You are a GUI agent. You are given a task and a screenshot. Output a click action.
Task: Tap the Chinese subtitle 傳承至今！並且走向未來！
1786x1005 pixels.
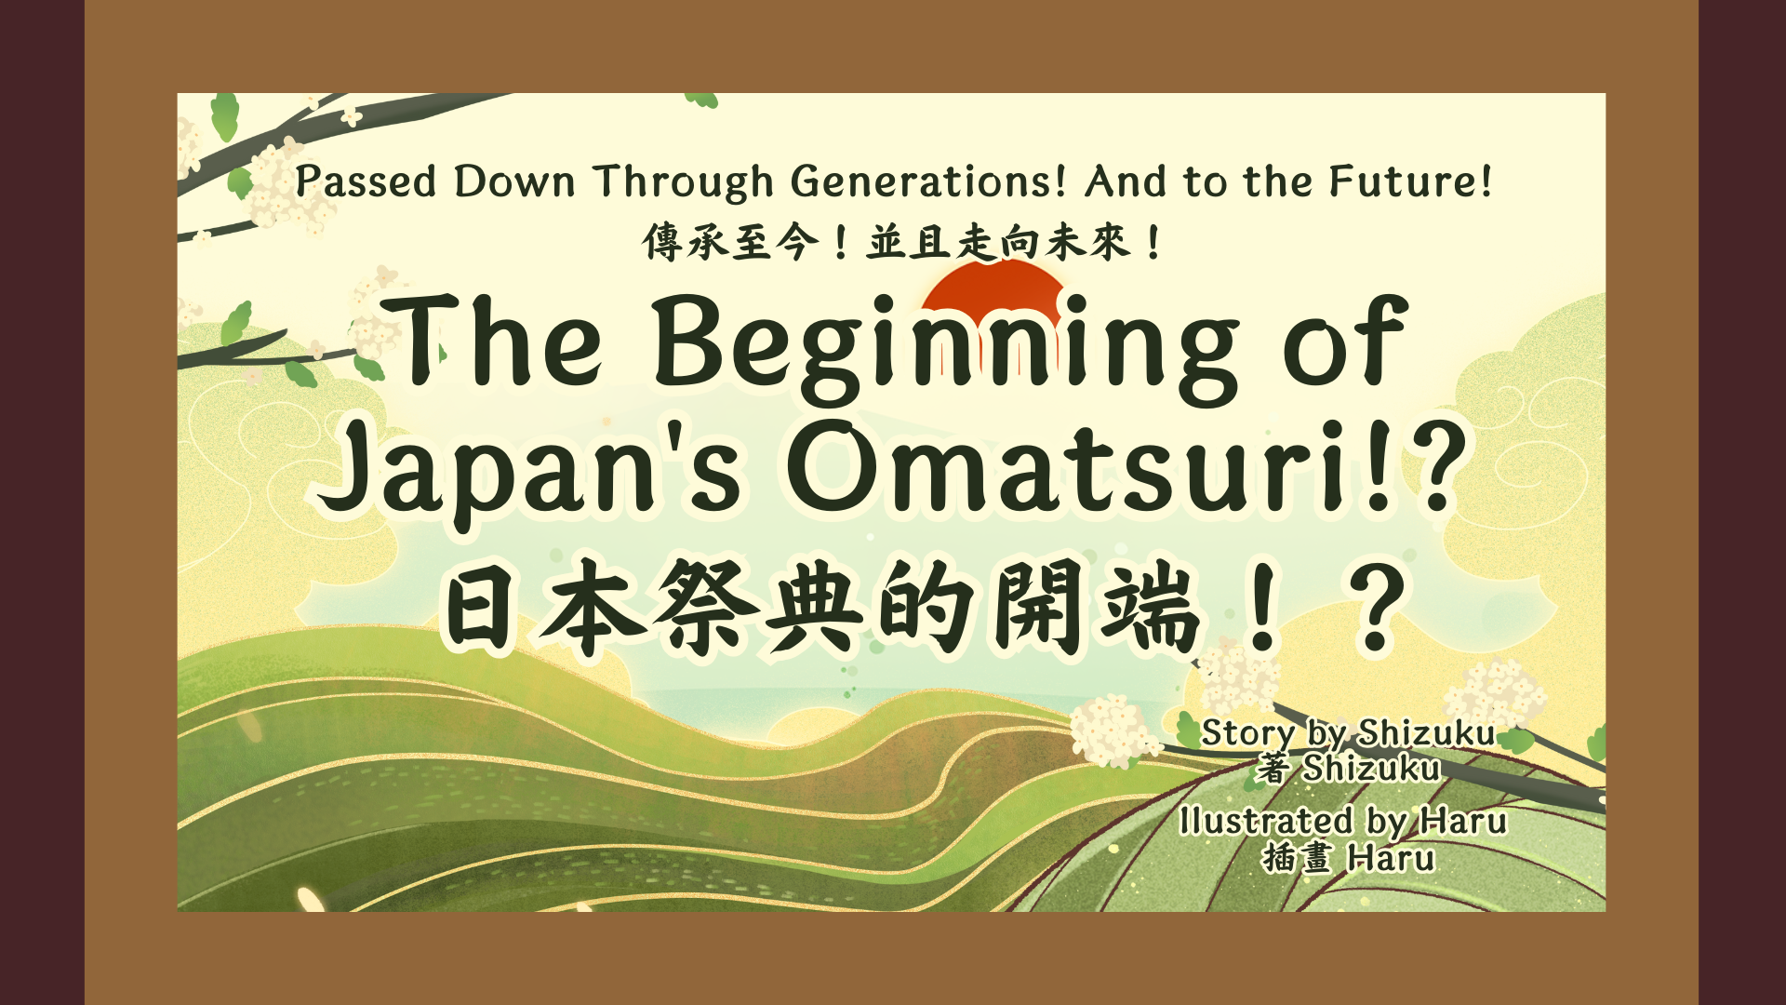(901, 244)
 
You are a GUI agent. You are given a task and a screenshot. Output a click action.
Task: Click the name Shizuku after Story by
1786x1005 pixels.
(1426, 733)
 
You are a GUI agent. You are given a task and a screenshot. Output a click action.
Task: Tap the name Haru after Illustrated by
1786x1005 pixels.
(1463, 822)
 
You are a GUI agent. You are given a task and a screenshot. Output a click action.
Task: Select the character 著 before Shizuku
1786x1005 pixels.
(1273, 769)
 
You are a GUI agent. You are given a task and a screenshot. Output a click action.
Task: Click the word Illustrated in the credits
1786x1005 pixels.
(1266, 821)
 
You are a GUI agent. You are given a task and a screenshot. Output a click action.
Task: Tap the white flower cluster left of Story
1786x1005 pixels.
(1113, 731)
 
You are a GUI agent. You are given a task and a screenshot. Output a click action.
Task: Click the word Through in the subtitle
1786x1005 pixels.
(684, 182)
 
